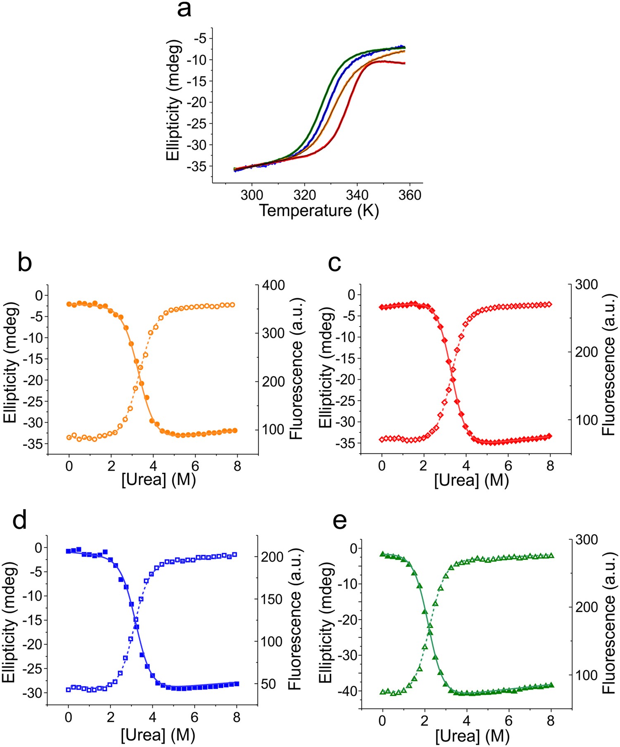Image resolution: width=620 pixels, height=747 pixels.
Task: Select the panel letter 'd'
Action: [x=19, y=520]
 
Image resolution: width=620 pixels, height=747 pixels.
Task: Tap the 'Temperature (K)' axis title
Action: [x=319, y=211]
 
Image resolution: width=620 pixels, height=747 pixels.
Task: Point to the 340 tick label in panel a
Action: [x=357, y=195]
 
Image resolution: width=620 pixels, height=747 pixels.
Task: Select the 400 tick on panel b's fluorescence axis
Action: [x=273, y=285]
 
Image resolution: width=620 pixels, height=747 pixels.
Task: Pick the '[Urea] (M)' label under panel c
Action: [x=471, y=480]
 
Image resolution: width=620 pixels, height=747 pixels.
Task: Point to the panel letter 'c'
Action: [x=334, y=263]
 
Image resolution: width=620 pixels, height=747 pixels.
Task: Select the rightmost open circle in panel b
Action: [x=233, y=305]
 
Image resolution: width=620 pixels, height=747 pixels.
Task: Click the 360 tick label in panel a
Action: [x=410, y=195]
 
